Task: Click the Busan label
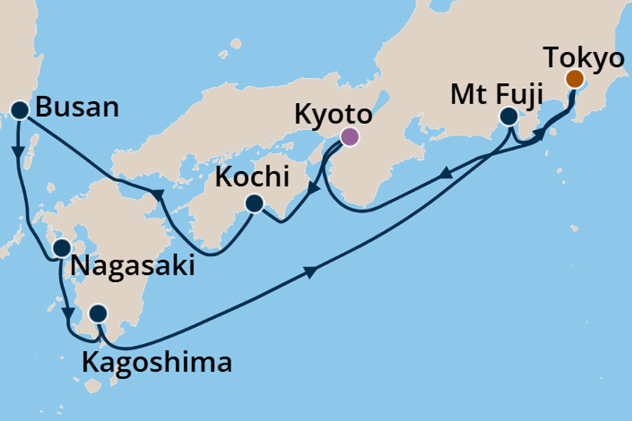point(77,109)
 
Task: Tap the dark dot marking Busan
point(19,111)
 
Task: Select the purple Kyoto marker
point(349,136)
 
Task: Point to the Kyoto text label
point(332,115)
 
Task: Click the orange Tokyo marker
point(575,79)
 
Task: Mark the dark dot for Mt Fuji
point(508,116)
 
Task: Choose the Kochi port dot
point(255,204)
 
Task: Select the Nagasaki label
point(132,265)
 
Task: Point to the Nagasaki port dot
point(62,248)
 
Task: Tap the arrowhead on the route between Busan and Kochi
point(156,194)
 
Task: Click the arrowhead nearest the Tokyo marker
point(542,134)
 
